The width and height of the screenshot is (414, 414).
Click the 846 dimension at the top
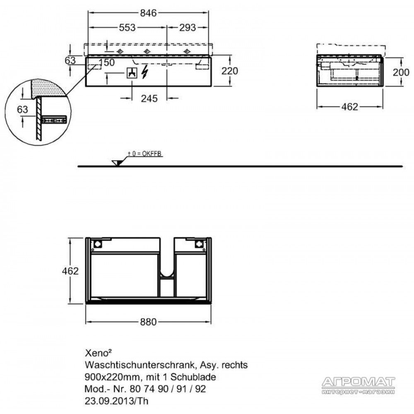point(148,13)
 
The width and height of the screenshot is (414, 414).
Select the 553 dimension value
point(127,27)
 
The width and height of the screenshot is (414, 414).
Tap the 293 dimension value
point(188,27)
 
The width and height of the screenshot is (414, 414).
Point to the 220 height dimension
point(230,71)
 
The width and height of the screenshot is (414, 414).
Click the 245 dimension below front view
point(149,99)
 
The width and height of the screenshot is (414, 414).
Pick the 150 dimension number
point(107,63)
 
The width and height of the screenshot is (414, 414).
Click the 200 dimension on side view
point(401,72)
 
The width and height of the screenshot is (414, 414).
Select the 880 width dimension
point(148,322)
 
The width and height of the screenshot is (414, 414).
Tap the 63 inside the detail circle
point(22,109)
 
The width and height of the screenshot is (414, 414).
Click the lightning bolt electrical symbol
point(144,71)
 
